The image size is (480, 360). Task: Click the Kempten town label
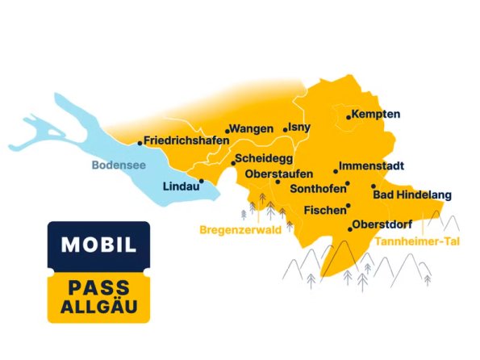376,114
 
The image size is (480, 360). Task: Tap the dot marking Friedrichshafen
140,143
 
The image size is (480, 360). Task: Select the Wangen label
253,128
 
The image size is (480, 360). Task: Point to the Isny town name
299,127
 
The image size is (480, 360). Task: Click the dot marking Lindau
201,182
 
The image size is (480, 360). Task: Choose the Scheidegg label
265,159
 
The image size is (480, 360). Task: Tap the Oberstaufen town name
278,174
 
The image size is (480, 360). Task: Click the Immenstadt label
371,165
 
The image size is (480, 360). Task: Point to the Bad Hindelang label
412,195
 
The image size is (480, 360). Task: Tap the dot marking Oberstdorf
349,230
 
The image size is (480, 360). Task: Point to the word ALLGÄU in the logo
98,308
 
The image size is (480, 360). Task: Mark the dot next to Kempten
349,117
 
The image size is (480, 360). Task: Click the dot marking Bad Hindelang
374,186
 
